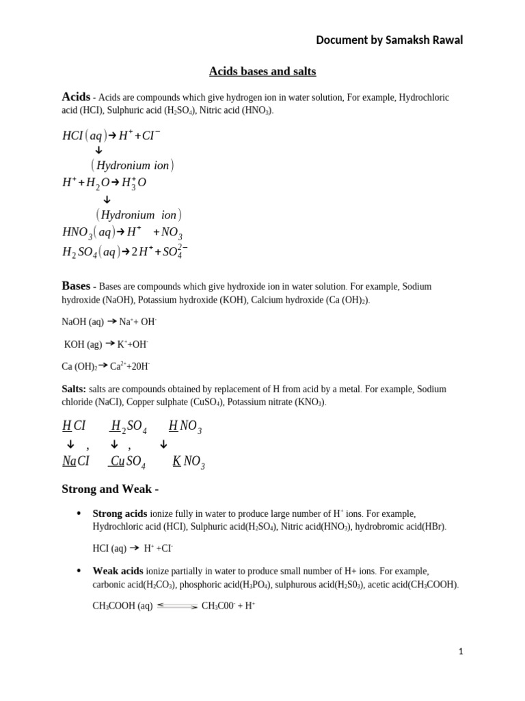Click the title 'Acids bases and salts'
tap(262, 71)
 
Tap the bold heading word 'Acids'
tap(76, 97)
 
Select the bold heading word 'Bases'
tap(76, 285)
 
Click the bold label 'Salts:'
tap(74, 389)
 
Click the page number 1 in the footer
tap(461, 652)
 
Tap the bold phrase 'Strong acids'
tap(120, 513)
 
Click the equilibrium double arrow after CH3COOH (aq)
tap(177, 606)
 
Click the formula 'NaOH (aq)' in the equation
tap(83, 321)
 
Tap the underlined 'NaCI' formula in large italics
tap(76, 461)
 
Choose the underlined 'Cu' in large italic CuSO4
tap(117, 461)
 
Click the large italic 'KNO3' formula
tap(188, 462)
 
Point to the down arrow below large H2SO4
tap(114, 444)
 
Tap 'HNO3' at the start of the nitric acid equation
tap(77, 233)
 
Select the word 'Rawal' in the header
tap(446, 40)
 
